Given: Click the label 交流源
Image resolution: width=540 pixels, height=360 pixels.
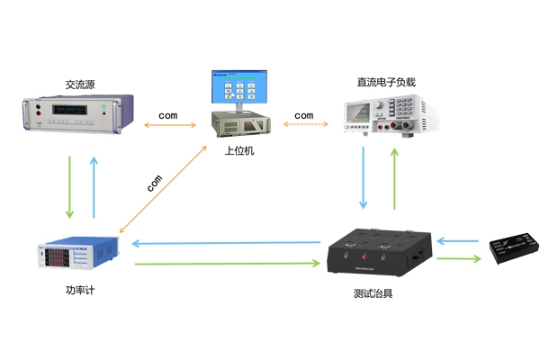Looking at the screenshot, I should point(80,85).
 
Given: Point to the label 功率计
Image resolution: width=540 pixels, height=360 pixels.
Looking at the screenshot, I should point(79,290).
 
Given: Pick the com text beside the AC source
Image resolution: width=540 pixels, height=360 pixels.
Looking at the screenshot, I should point(168,116).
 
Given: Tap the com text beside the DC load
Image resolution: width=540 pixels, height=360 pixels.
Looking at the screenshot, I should point(304,116).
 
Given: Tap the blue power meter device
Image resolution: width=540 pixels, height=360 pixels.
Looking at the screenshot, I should point(78,256).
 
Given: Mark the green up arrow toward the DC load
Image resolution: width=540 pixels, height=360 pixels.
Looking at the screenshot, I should point(393,176).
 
